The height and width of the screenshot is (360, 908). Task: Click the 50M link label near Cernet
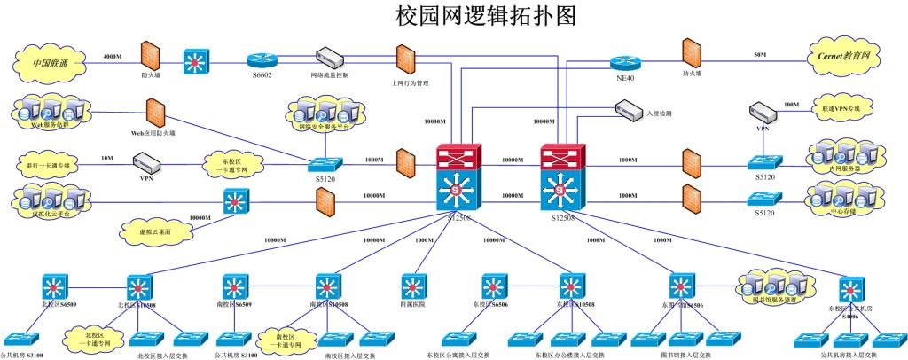click(760, 55)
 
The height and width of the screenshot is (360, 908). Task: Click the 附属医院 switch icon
click(413, 287)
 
